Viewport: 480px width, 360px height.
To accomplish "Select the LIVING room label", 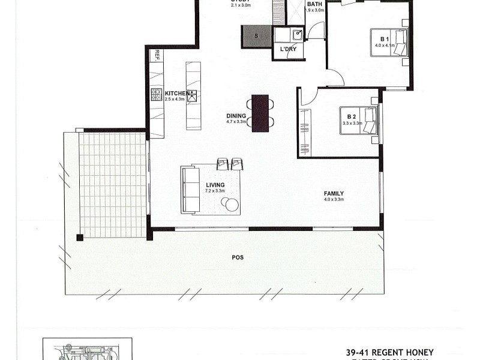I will (215, 185).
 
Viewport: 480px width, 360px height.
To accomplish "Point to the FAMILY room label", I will (334, 193).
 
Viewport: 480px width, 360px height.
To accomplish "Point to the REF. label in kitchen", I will (157, 55).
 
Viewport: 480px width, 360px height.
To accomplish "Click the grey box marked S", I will (257, 37).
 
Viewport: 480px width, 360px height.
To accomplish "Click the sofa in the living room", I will (191, 190).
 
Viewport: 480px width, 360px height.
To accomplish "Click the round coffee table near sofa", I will (232, 205).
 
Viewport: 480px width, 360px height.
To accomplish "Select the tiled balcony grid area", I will (113, 184).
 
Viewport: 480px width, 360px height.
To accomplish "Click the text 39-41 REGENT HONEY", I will (389, 352).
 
